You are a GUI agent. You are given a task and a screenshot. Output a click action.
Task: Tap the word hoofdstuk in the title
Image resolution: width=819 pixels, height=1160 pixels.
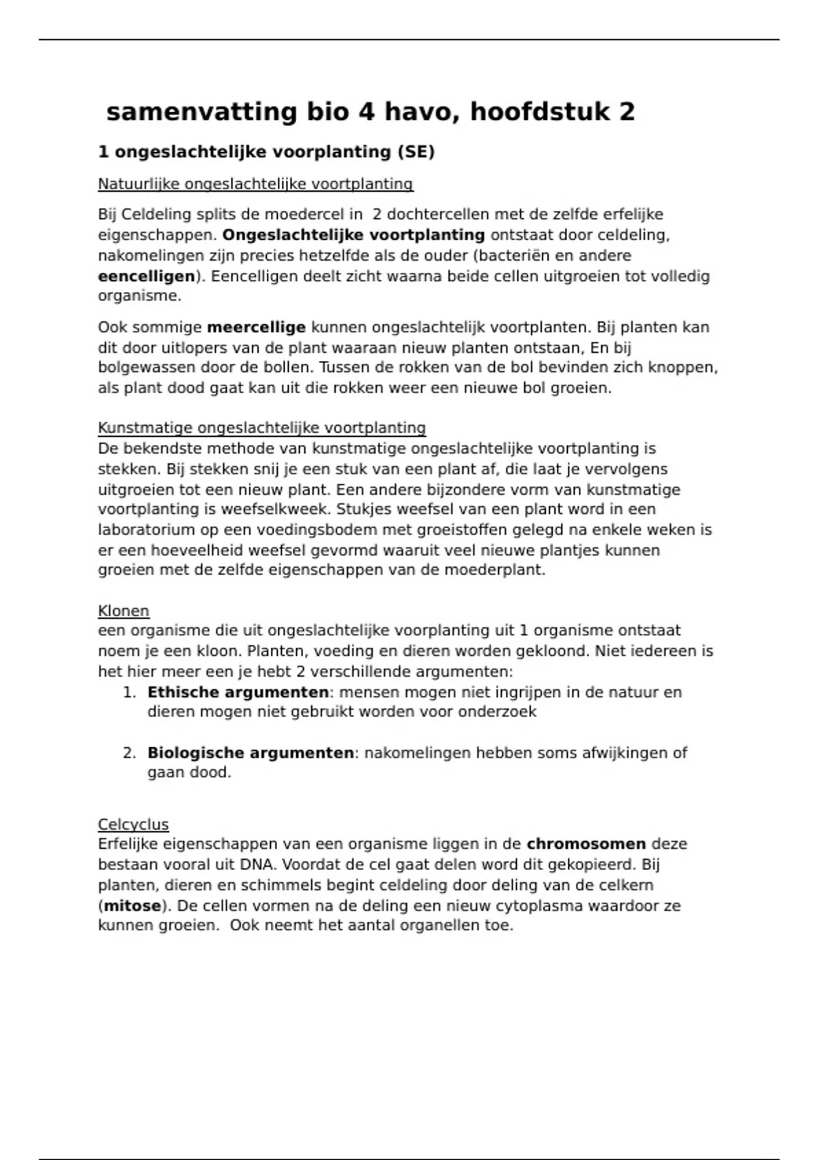pos(539,112)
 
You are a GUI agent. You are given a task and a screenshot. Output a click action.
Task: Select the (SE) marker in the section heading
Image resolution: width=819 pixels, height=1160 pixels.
pos(416,151)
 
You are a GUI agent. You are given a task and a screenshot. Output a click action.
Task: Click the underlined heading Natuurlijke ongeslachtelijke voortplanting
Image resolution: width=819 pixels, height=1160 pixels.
pos(255,184)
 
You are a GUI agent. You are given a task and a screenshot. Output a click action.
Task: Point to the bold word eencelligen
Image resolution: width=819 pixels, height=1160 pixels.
pos(147,276)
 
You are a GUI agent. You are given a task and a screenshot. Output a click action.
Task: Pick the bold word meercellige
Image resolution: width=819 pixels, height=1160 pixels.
pos(256,328)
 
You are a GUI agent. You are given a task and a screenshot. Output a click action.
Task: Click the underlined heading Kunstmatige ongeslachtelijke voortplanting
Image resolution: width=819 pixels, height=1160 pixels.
pos(261,428)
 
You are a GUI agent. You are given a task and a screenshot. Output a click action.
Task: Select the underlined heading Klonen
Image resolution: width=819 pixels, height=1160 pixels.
pos(124,611)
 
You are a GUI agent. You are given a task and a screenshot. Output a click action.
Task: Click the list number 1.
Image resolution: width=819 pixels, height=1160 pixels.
pos(129,693)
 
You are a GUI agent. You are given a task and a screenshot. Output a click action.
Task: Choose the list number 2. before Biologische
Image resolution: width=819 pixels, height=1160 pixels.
pos(129,753)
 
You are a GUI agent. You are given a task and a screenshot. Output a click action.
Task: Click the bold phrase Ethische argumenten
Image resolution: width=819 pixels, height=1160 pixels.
pos(238,693)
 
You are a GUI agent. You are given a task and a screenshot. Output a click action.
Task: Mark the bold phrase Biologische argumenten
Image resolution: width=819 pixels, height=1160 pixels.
pos(250,753)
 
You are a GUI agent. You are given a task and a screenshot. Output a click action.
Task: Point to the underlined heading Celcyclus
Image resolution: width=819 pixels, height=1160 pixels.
pos(133,824)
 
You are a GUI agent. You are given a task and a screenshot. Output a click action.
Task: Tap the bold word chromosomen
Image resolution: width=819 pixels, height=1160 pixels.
pos(586,844)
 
